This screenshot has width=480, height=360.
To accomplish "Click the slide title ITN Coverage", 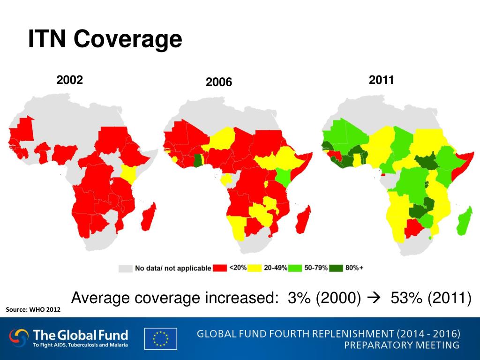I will pos(105,39).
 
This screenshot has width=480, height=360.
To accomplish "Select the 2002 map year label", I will pos(70,80).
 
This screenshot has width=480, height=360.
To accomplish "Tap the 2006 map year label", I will pos(219,82).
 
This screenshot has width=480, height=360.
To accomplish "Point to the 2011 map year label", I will pos(381,80).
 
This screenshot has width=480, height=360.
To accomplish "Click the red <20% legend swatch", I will pos(220,268).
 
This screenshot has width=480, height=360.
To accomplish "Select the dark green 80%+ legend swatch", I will pos(336,268).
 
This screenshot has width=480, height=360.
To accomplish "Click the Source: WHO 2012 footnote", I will pos(33,309).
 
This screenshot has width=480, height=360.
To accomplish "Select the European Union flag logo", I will pos(161,338).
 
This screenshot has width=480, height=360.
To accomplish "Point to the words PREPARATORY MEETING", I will pos(402,345).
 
